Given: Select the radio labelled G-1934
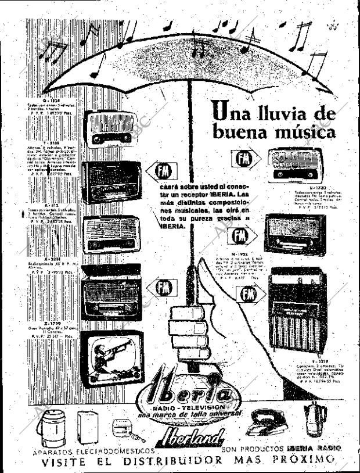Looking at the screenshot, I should [109, 128].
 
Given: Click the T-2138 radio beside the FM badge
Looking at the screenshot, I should [111, 181].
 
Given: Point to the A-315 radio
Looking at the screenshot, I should [111, 234].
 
